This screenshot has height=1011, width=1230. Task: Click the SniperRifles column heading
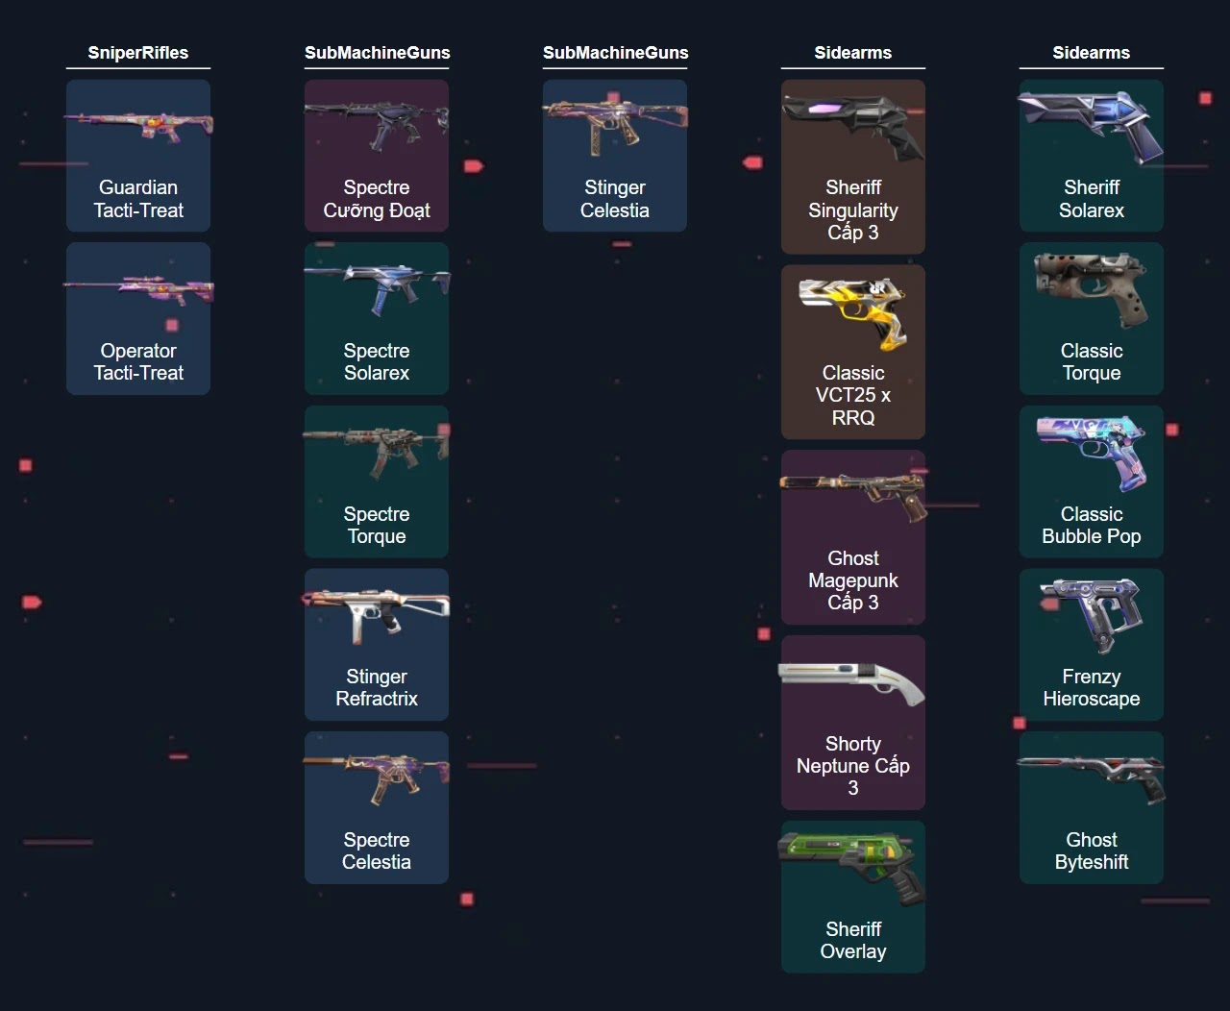point(138,53)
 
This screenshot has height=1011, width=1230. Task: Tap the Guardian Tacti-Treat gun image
point(138,126)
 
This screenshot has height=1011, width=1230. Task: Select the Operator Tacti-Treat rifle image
point(138,287)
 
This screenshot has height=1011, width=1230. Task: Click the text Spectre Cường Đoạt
point(377,199)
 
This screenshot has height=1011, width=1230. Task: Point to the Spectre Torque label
point(377,525)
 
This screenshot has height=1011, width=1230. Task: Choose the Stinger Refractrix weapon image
point(377,613)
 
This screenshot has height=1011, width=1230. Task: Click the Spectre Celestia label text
point(377,851)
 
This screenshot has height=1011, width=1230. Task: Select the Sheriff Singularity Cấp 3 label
point(853,210)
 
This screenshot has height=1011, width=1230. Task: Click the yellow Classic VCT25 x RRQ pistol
point(853,311)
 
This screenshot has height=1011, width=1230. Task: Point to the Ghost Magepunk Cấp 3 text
point(853,579)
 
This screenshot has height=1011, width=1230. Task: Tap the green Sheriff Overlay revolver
point(853,864)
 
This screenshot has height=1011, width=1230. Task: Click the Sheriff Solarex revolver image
point(1092,125)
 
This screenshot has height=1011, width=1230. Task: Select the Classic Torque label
point(1092,361)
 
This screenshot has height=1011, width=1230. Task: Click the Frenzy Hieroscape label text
point(1092,687)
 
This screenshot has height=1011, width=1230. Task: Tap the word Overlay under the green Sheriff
point(853,951)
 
